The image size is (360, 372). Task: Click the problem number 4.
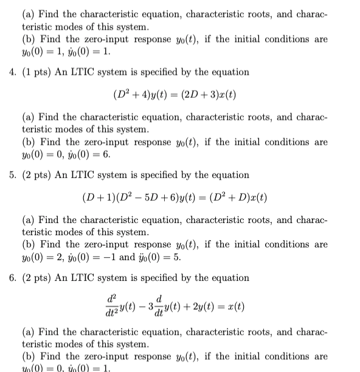(x=12, y=72)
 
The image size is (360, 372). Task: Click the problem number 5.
(x=12, y=175)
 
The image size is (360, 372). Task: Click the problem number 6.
(x=12, y=278)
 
